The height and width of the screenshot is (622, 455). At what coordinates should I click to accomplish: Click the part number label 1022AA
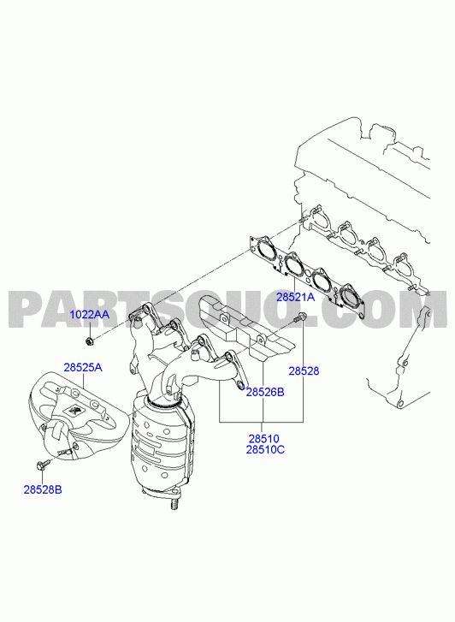coord(89,315)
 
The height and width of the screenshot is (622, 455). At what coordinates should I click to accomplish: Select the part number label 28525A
coord(83,367)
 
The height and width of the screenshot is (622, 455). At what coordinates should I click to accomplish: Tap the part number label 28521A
coord(296,297)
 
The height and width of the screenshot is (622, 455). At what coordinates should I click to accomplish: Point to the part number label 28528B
coord(43,489)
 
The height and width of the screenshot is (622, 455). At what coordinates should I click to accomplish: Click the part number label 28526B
coord(265,393)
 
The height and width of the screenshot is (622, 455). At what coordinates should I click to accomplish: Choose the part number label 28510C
coord(265,450)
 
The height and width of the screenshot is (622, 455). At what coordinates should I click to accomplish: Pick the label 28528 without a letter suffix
coord(304,371)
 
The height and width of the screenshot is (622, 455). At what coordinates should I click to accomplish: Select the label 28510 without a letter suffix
coord(264,439)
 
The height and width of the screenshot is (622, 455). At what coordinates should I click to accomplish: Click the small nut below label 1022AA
coord(90,340)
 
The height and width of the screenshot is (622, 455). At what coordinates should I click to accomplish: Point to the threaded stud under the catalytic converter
coord(174,504)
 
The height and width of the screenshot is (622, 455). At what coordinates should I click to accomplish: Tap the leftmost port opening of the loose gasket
coord(264,251)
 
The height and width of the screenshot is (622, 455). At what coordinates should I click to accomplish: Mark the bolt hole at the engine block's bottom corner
coord(400,404)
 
